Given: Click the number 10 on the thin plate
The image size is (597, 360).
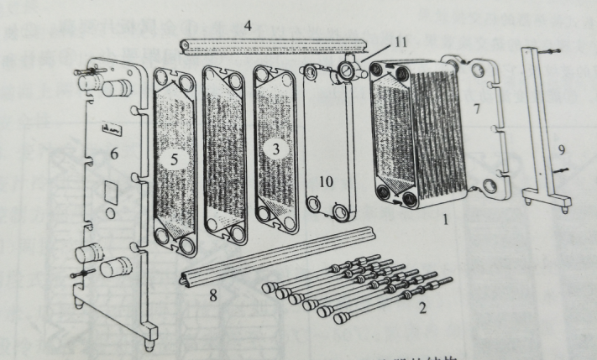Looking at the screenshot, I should click(x=326, y=180).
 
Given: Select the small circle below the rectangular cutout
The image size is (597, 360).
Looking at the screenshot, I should click(x=110, y=214).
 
